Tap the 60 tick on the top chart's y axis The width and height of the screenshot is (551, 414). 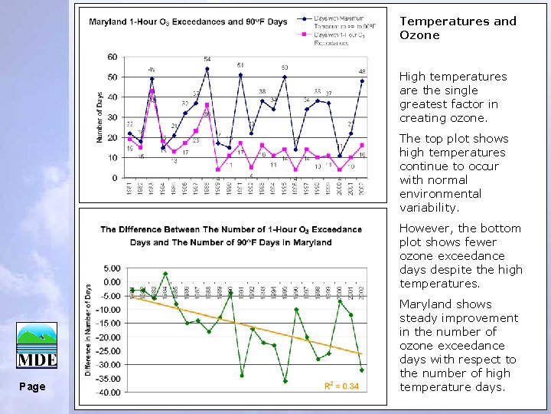pos(112,57)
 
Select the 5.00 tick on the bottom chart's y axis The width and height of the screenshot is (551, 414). pos(112,268)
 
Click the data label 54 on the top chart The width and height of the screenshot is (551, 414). pos(207,60)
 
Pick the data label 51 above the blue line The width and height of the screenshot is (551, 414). pos(240,66)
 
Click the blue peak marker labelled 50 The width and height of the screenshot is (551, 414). pos(285,77)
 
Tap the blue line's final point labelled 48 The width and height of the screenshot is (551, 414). pos(362,80)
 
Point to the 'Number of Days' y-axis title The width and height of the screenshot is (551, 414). pos(99,117)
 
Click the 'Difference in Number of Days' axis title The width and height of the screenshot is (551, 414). pos(88,330)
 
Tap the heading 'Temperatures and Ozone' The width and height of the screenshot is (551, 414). pos(458,28)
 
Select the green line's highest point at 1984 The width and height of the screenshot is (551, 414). pos(165,274)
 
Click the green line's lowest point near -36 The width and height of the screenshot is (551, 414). pos(285,381)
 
